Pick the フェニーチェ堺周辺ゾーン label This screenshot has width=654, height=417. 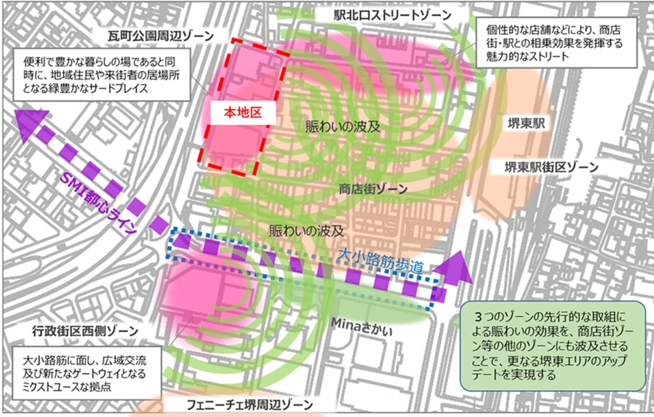pyautogui.click(x=250, y=405)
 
